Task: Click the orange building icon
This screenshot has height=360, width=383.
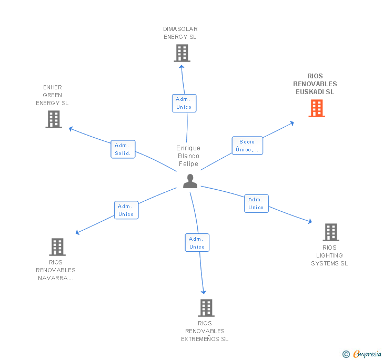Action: coord(317,108)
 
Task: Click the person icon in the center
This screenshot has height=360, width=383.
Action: coord(190,181)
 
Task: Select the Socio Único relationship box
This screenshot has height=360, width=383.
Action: coord(247,146)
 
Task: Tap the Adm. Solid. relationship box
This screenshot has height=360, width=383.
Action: coord(123,149)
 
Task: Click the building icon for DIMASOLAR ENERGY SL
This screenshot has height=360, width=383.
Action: coord(182,53)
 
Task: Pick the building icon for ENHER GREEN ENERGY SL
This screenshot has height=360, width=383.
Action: coord(54,119)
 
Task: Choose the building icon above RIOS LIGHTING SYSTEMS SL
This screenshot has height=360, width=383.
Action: coord(331,232)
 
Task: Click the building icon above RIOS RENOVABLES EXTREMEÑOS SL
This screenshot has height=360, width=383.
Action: coord(206,308)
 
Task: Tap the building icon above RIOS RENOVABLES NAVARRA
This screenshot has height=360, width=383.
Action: coord(57,247)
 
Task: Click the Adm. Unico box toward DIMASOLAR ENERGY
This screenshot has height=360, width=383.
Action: coord(184,103)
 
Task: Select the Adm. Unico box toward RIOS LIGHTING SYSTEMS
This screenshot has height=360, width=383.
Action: coord(257,203)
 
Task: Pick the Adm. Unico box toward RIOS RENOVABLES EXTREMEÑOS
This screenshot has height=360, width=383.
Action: coord(197,243)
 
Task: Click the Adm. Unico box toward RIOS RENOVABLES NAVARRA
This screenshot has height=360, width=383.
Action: coord(126,210)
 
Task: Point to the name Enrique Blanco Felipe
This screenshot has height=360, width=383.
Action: coord(188,156)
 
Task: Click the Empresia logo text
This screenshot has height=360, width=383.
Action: coord(367,354)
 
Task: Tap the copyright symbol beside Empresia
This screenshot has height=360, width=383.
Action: coord(346,354)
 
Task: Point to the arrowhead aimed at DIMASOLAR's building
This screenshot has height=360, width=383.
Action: coord(182,67)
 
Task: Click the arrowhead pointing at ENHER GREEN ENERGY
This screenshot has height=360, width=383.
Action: coord(71,129)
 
